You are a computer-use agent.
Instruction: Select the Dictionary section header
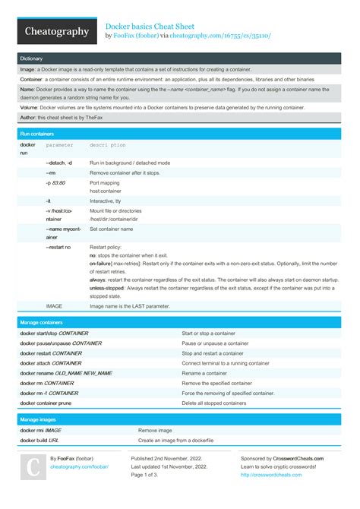click(x=31, y=58)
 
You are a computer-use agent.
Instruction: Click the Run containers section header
click(x=37, y=133)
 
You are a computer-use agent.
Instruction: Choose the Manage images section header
click(x=38, y=419)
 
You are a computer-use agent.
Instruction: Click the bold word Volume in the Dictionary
click(x=30, y=108)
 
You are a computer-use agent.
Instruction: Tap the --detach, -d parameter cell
click(x=59, y=163)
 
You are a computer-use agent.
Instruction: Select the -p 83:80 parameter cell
click(x=55, y=183)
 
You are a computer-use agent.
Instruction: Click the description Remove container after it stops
click(x=128, y=173)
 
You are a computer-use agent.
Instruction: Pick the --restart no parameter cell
click(x=58, y=248)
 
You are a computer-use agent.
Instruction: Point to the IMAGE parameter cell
click(x=54, y=306)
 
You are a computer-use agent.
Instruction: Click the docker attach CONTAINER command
click(x=51, y=363)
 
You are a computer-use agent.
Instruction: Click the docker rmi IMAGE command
click(x=41, y=430)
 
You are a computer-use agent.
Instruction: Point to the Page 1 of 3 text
click(x=149, y=476)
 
